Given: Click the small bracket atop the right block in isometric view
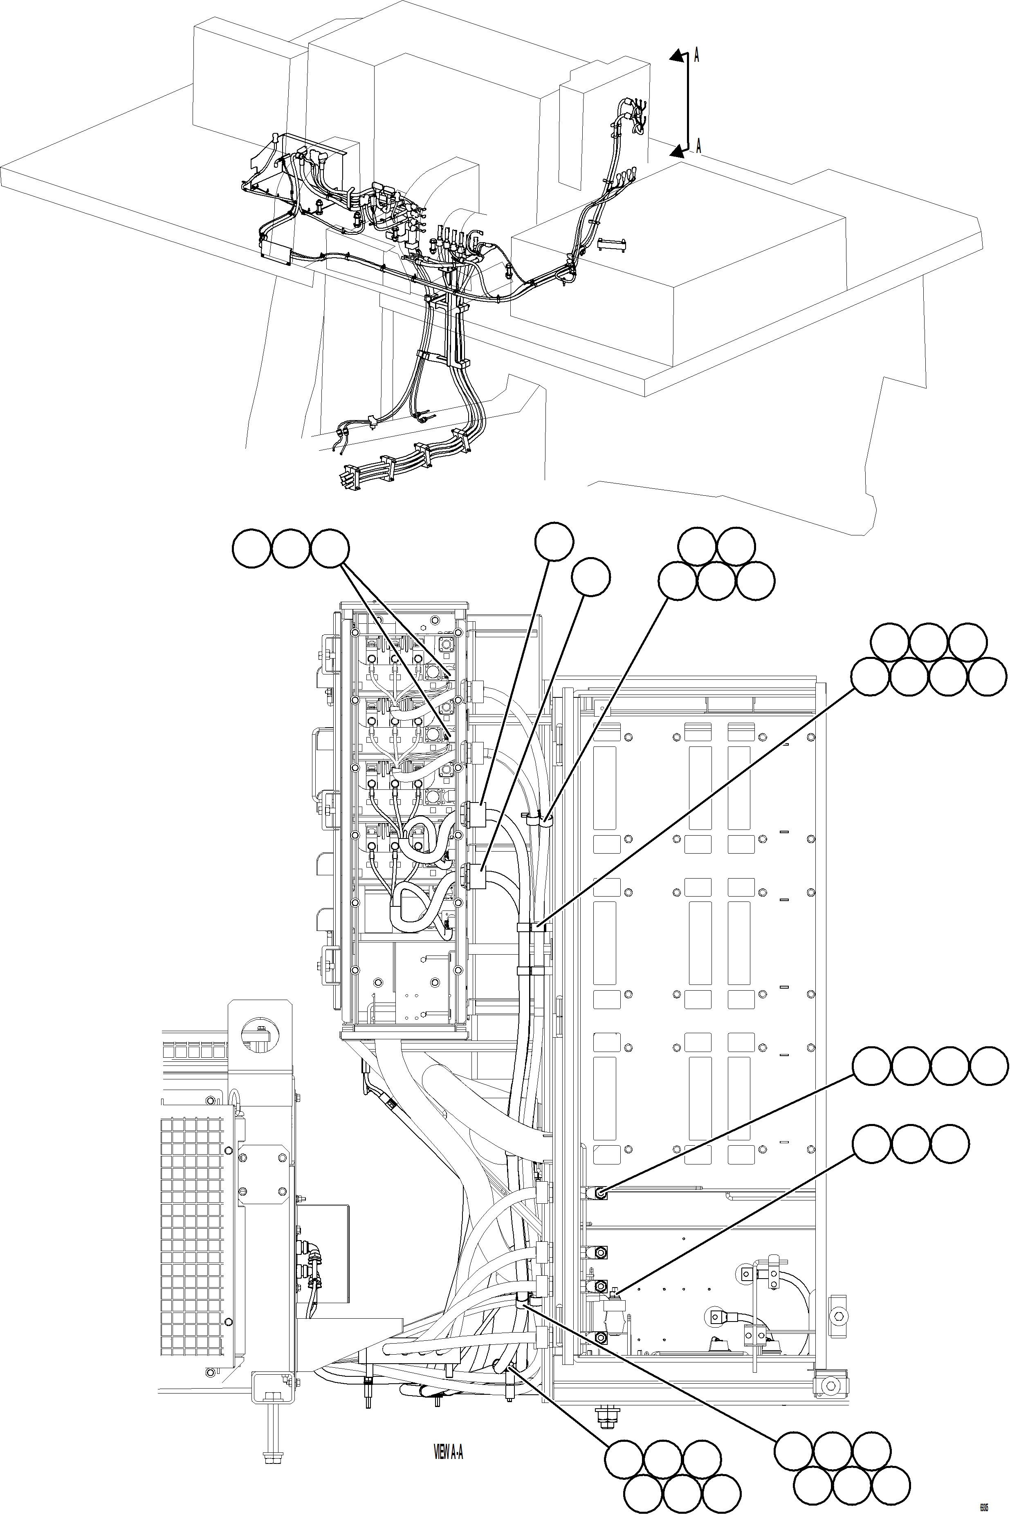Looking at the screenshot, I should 612,243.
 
